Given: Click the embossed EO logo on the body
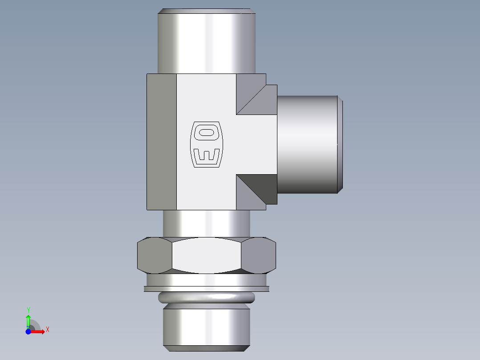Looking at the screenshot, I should (x=206, y=145).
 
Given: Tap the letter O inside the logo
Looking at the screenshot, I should (x=206, y=132).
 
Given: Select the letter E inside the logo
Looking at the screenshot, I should (x=206, y=156).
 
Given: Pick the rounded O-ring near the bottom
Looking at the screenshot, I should (x=206, y=298).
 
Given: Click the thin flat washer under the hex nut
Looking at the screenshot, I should (x=206, y=289).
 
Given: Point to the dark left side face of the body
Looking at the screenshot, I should (x=161, y=142).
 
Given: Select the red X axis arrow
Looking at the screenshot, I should (x=38, y=331).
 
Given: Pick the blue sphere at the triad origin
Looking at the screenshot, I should (x=28, y=331).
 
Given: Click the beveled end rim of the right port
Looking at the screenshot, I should (x=340, y=145).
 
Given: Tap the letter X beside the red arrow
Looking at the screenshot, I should (x=47, y=330).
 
